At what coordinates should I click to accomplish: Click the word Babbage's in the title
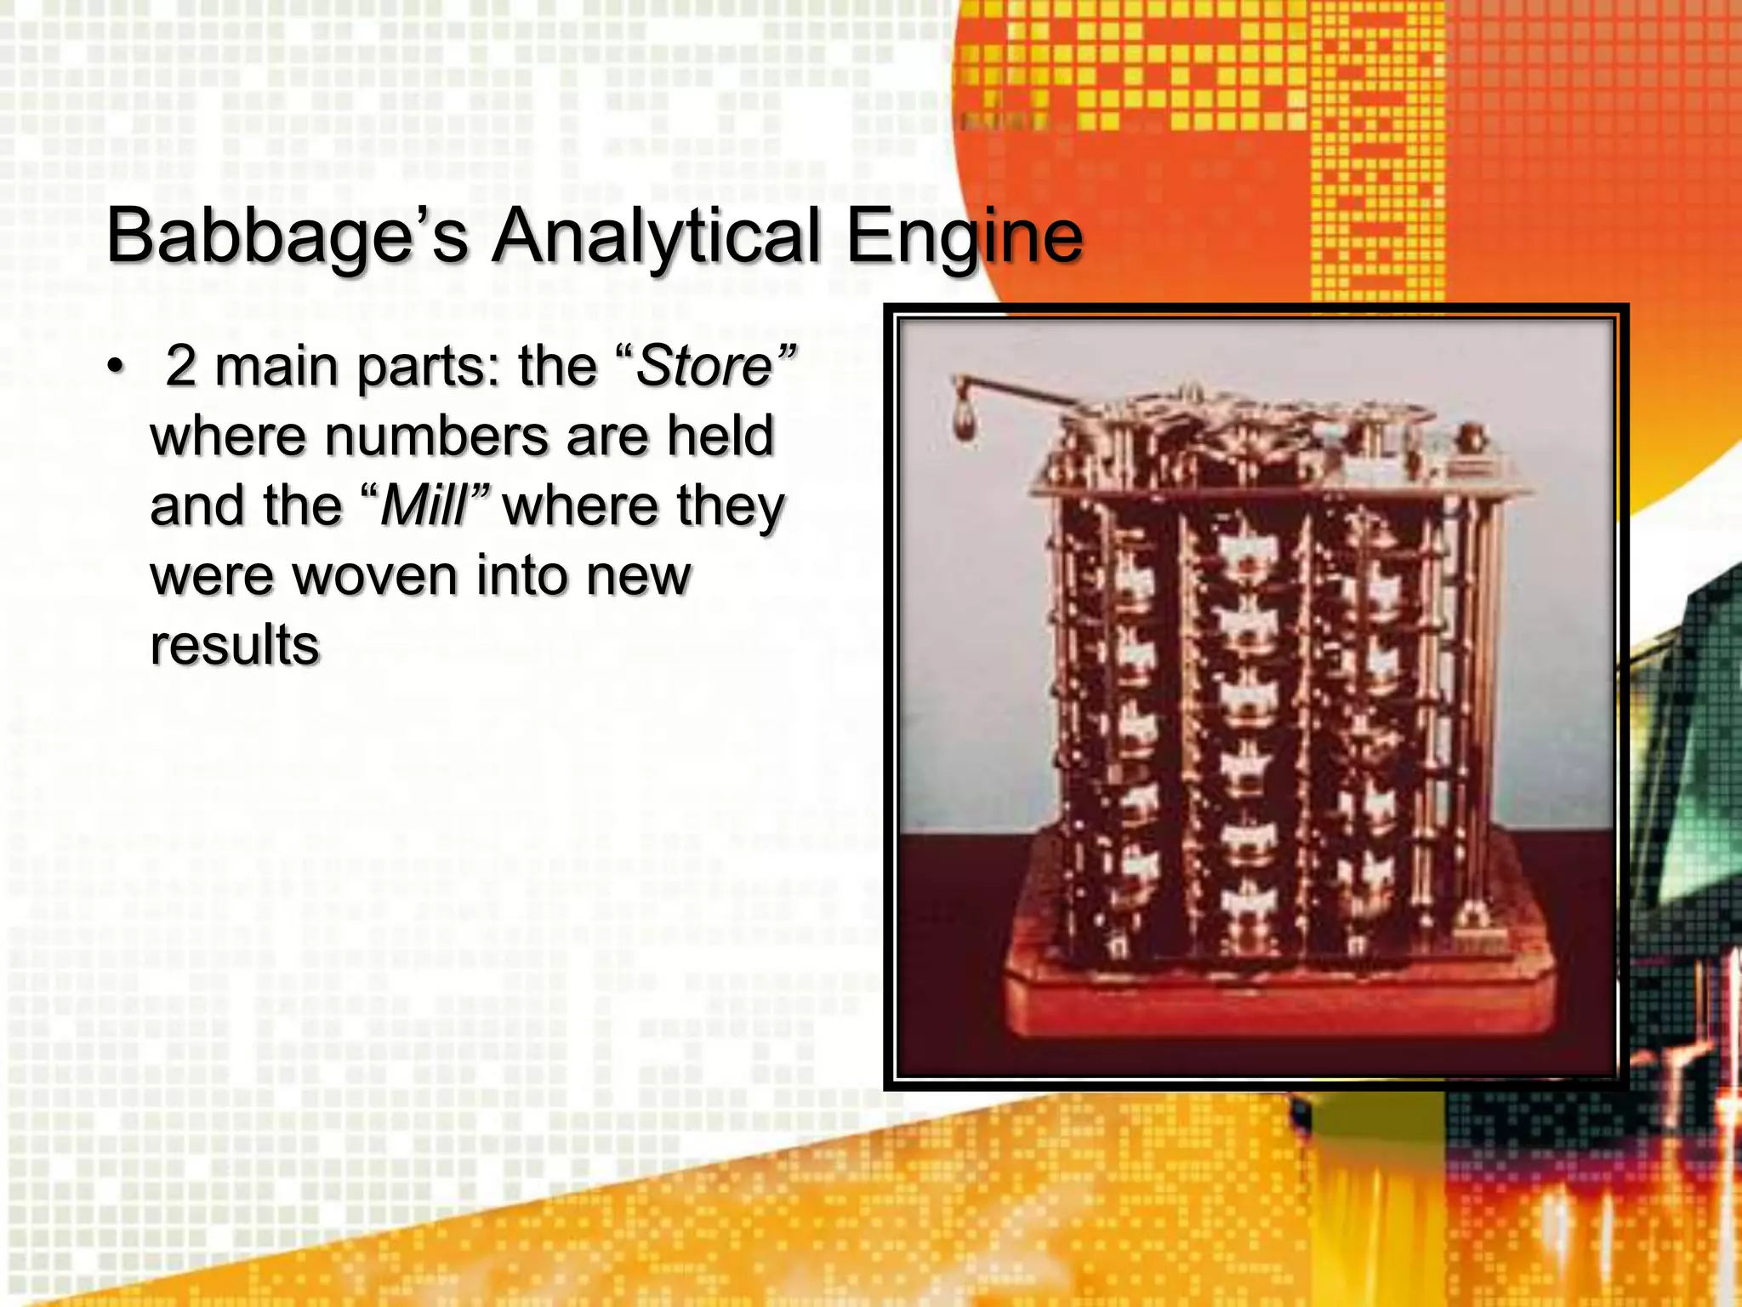[287, 237]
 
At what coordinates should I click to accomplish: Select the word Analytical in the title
[656, 237]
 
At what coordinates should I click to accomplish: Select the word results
[235, 645]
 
